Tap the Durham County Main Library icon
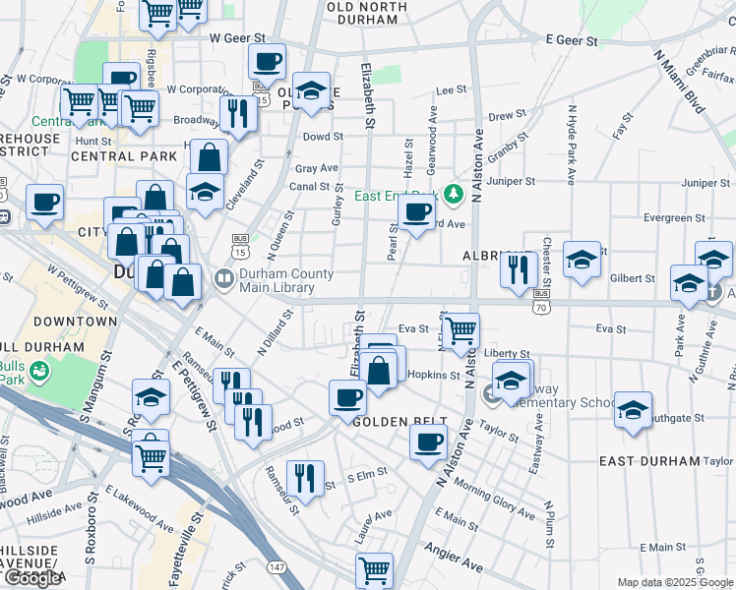[222, 280]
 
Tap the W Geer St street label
[238, 37]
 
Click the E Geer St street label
[572, 41]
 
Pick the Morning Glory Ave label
[494, 501]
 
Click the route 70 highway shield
[541, 307]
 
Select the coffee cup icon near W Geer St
[267, 63]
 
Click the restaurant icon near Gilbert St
[518, 267]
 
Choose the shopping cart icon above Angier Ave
[374, 569]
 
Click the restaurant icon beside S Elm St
[306, 480]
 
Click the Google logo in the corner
[32, 579]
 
